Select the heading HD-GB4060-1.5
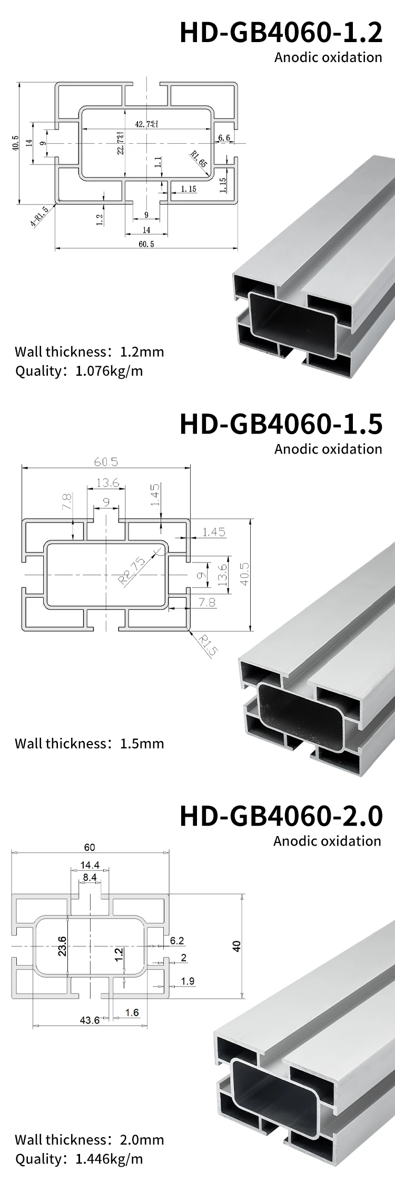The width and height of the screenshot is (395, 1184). pyautogui.click(x=281, y=424)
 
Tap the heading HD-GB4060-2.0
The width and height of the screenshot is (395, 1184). pyautogui.click(x=281, y=816)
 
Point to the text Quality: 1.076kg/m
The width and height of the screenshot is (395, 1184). pyautogui.click(x=79, y=371)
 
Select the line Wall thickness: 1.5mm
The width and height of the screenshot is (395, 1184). pyautogui.click(x=90, y=744)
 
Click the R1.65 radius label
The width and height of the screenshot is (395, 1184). pyautogui.click(x=199, y=159)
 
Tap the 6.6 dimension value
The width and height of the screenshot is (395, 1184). pyautogui.click(x=224, y=138)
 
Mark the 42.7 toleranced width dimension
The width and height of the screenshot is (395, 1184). pyautogui.click(x=146, y=124)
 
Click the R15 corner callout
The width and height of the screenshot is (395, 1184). pyautogui.click(x=208, y=645)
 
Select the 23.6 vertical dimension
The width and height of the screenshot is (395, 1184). pyautogui.click(x=62, y=946)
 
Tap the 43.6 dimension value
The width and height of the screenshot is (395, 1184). pyautogui.click(x=90, y=1020)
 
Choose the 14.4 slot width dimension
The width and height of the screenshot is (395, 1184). pyautogui.click(x=90, y=865)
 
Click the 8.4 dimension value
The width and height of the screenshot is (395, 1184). pyautogui.click(x=90, y=877)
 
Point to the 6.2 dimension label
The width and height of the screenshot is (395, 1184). pyautogui.click(x=177, y=941)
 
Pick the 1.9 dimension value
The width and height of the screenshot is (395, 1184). pyautogui.click(x=187, y=981)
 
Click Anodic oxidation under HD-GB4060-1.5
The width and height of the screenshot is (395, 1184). pyautogui.click(x=328, y=449)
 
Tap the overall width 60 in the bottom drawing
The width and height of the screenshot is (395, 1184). pyautogui.click(x=90, y=847)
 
